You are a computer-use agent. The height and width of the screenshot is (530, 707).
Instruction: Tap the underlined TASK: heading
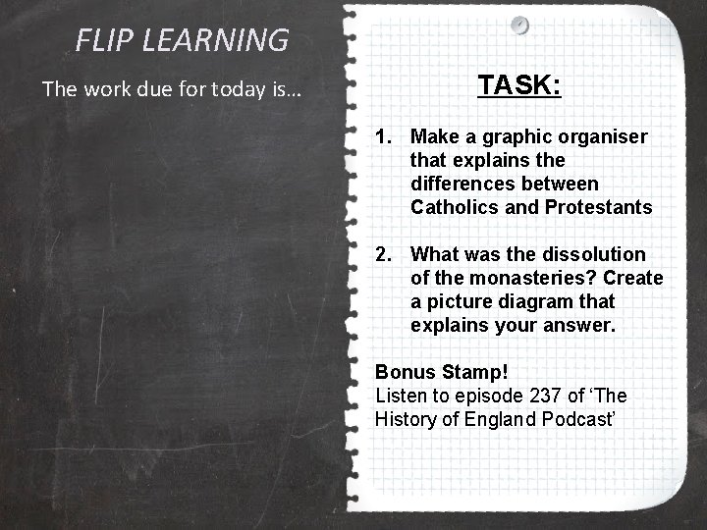tap(519, 85)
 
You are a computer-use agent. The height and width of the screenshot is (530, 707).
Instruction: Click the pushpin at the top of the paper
tap(519, 24)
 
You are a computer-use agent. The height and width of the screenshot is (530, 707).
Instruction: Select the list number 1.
tap(384, 136)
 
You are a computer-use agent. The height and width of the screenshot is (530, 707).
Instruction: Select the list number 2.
tap(384, 254)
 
